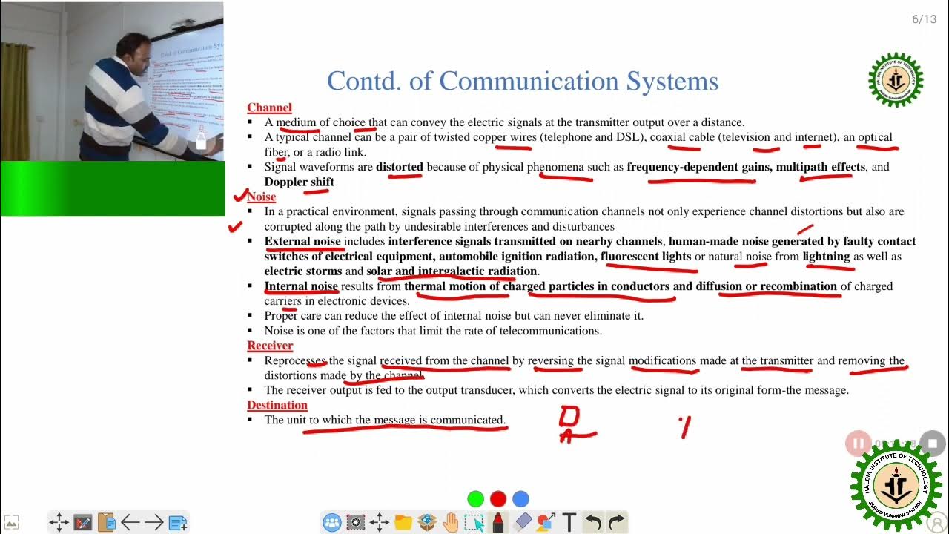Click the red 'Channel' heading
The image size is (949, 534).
[269, 108]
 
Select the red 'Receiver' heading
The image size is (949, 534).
[270, 346]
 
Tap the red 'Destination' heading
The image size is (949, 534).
[277, 405]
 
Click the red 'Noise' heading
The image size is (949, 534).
[262, 197]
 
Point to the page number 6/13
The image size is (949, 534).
[924, 19]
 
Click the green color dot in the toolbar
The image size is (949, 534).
[476, 499]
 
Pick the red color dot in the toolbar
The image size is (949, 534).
[498, 499]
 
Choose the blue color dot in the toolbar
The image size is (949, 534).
[521, 499]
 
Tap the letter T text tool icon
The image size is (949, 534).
[569, 522]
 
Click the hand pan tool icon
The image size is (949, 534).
[451, 522]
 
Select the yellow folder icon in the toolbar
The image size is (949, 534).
[403, 522]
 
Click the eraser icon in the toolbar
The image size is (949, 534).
[523, 522]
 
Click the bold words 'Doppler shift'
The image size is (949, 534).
[300, 182]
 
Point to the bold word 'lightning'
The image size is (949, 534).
[826, 257]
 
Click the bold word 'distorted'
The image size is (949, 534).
[399, 167]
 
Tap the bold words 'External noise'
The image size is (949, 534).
[302, 241]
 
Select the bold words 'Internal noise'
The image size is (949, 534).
[301, 286]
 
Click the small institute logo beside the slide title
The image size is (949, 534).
[896, 80]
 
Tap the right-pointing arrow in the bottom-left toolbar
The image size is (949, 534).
[154, 522]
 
